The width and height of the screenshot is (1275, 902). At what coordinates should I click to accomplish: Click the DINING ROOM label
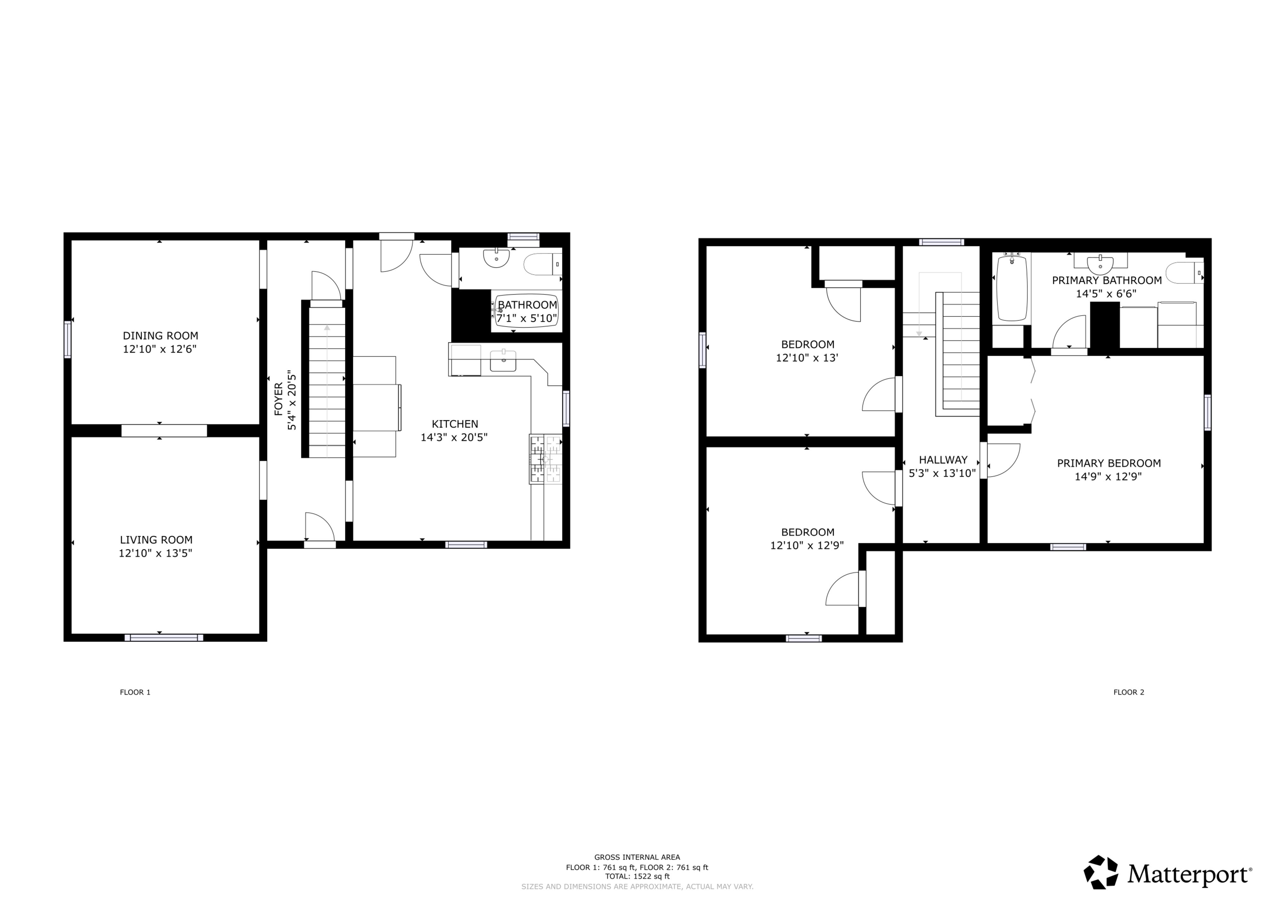pyautogui.click(x=160, y=336)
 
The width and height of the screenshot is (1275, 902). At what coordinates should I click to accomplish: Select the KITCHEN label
pyautogui.click(x=455, y=424)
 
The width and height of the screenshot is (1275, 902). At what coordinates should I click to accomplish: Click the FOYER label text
pyautogui.click(x=278, y=398)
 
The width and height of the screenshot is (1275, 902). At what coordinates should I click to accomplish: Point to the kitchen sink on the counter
pyautogui.click(x=503, y=361)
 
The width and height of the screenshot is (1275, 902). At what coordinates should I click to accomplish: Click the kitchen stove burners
pyautogui.click(x=546, y=459)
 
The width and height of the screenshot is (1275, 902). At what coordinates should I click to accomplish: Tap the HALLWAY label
pyautogui.click(x=943, y=460)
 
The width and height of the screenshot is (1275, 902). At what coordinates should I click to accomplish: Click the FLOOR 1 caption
pyautogui.click(x=135, y=692)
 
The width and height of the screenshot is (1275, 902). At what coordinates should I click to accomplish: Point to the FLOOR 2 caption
pyautogui.click(x=1129, y=692)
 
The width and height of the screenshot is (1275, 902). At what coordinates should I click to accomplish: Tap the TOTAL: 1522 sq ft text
pyautogui.click(x=637, y=876)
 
